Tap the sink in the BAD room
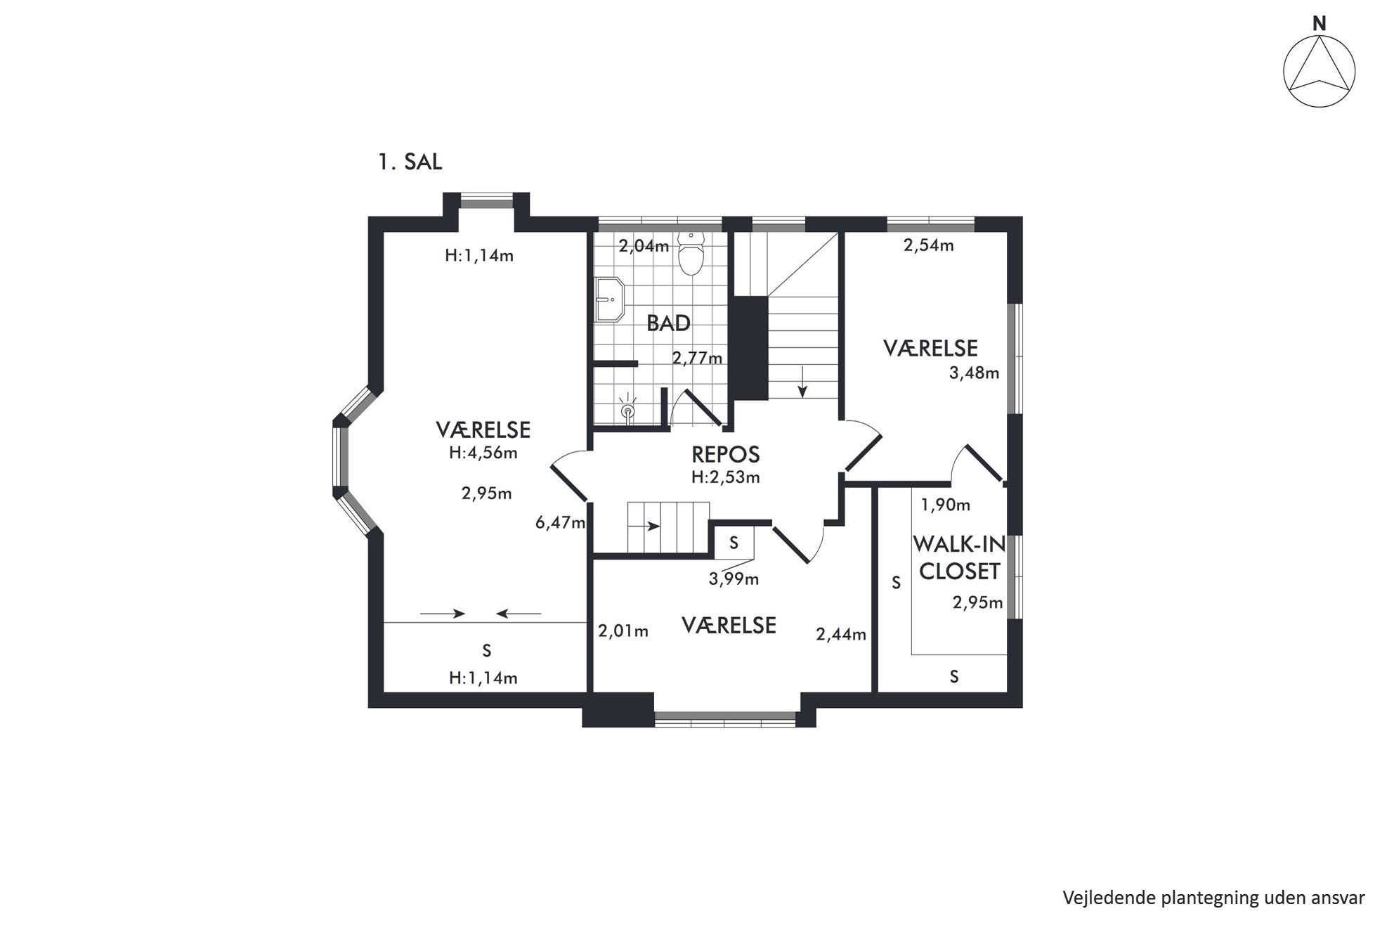pos(609,299)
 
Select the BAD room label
pos(668,323)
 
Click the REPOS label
pos(726,455)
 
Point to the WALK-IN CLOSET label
pos(959,557)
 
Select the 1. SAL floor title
pos(410,162)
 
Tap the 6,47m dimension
pos(560,522)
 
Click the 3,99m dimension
pos(734,579)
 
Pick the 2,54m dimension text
pos(928,245)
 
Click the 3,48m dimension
pos(974,373)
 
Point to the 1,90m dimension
pos(946,505)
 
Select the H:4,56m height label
pos(483,453)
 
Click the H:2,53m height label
pos(726,477)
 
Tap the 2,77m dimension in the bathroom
pos(697,359)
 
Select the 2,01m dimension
pos(623,631)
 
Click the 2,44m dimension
pos(841,635)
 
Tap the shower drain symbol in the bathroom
pos(627,409)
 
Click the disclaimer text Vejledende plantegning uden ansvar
pos(1213,898)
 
